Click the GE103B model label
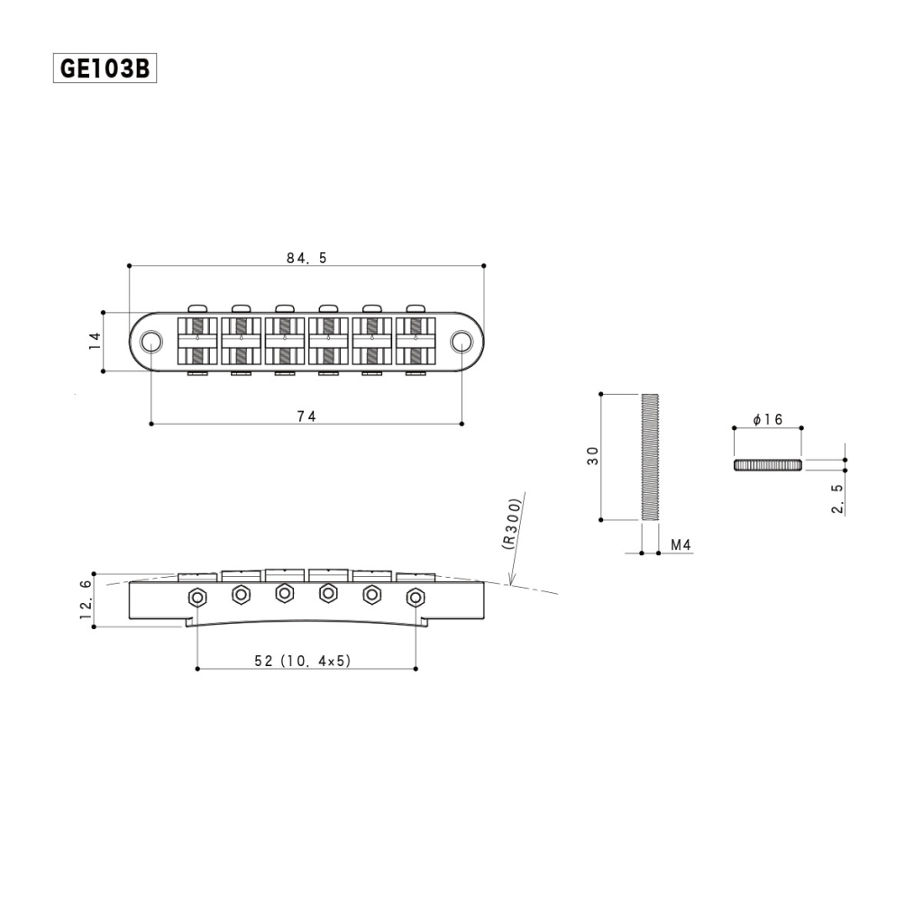click(105, 69)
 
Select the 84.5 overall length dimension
click(306, 258)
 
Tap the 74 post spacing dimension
click(306, 416)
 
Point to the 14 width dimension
click(95, 341)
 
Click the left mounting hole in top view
click(151, 341)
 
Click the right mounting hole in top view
click(461, 341)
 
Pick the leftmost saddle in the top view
click(197, 341)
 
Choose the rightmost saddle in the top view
click(416, 341)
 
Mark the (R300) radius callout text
click(509, 524)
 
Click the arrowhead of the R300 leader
click(509, 583)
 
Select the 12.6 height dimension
click(87, 599)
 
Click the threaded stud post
click(651, 457)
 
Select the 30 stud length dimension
click(592, 457)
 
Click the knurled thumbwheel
click(767, 464)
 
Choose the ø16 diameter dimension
click(767, 420)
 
